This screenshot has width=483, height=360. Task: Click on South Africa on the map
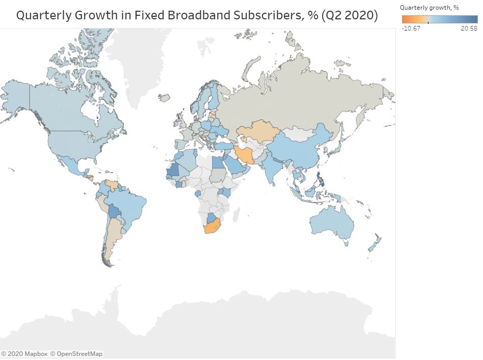[x=212, y=227]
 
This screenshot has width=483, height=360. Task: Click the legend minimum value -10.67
[x=410, y=28]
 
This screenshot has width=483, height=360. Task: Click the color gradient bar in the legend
[x=440, y=19]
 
